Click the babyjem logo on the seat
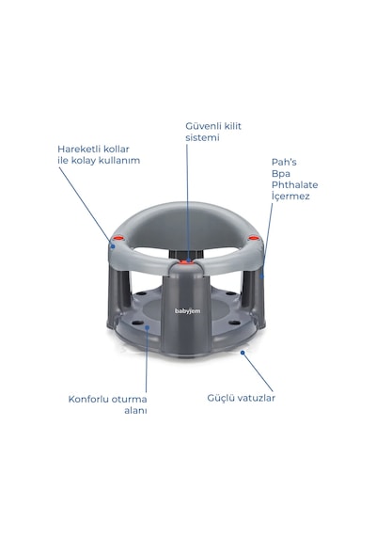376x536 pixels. [187, 311]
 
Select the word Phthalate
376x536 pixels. [294, 185]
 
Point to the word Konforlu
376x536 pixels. [87, 400]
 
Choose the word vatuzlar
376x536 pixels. [257, 398]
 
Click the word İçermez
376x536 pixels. [290, 197]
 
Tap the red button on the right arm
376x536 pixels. [253, 238]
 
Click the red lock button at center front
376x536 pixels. [186, 261]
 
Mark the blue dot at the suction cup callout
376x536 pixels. [243, 353]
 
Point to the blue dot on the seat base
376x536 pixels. [147, 327]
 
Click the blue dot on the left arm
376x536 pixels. [113, 245]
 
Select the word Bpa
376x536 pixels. [281, 174]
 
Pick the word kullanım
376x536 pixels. [119, 160]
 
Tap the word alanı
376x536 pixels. [135, 411]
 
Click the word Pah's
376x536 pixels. [284, 162]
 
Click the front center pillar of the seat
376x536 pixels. [187, 309]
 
